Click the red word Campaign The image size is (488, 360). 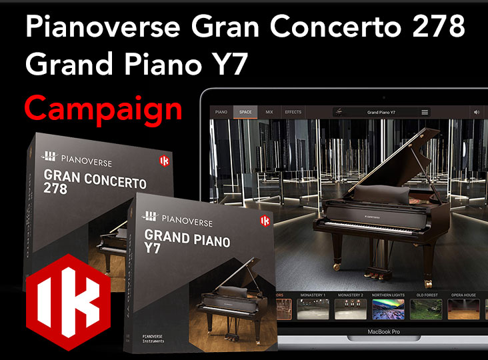pos(103,108)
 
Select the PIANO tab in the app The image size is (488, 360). pos(221,112)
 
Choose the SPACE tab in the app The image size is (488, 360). pos(245,112)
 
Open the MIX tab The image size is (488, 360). pos(269,112)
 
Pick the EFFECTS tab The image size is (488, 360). pos(293,112)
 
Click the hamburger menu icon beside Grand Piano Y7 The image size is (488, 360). pos(425,112)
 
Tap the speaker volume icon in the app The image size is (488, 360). pos(477,112)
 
